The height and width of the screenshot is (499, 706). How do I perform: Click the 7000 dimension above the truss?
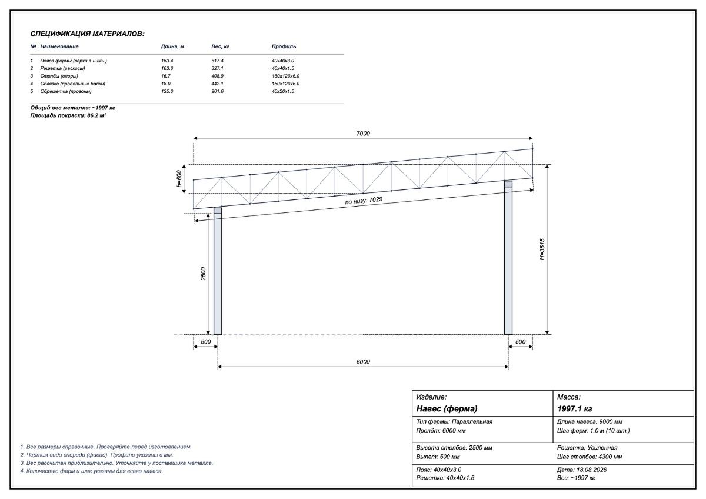pyautogui.click(x=363, y=134)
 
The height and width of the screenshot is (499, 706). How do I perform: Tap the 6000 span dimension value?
pyautogui.click(x=363, y=362)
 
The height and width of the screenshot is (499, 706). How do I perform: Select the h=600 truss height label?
pyautogui.click(x=179, y=179)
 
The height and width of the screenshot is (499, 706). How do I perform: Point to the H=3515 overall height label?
pyautogui.click(x=542, y=249)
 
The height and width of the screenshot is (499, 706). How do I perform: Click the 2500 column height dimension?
pyautogui.click(x=204, y=274)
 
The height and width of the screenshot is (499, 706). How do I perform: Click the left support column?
pyautogui.click(x=218, y=271)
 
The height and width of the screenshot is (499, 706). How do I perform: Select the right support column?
pyautogui.click(x=508, y=258)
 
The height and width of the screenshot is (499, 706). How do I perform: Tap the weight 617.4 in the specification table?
pyautogui.click(x=218, y=61)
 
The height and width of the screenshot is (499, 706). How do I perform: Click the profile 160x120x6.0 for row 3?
pyautogui.click(x=285, y=76)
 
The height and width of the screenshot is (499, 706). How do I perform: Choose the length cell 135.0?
pyautogui.click(x=167, y=91)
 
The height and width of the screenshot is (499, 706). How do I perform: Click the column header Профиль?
pyautogui.click(x=284, y=46)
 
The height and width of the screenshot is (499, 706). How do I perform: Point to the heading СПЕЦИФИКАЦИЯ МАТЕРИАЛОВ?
pyautogui.click(x=87, y=34)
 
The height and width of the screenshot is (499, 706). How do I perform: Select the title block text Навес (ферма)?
pyautogui.click(x=447, y=409)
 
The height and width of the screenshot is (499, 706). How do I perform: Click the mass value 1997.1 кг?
pyautogui.click(x=575, y=409)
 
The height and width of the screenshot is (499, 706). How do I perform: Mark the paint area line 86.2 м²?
pyautogui.click(x=68, y=115)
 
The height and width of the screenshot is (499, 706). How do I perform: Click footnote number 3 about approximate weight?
pyautogui.click(x=116, y=463)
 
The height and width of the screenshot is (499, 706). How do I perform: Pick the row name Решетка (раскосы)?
pyautogui.click(x=62, y=68)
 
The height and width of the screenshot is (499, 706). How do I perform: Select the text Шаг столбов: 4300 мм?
pyautogui.click(x=590, y=457)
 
